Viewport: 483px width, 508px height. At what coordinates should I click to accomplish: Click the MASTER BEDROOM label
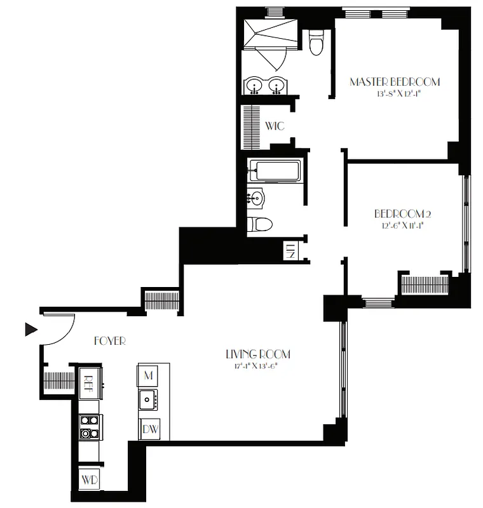click(x=395, y=82)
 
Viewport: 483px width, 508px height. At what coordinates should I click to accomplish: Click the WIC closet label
click(x=275, y=126)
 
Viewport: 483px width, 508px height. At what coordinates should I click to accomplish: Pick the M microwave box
click(x=149, y=375)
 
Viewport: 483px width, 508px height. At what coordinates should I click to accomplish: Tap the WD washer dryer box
click(x=90, y=480)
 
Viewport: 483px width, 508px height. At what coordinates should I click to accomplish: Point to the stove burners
click(x=90, y=427)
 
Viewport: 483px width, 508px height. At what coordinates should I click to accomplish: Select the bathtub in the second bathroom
click(x=274, y=171)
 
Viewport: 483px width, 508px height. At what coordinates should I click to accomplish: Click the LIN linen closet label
click(x=290, y=250)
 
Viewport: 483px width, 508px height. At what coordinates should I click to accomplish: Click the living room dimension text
click(x=253, y=366)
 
